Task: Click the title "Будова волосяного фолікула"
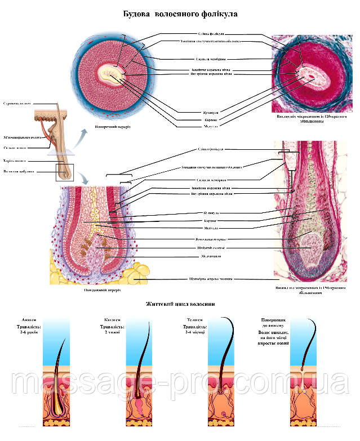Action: point(180,12)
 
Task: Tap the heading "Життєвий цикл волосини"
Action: point(180,304)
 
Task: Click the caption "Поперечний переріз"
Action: point(113,127)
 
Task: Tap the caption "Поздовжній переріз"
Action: point(101,291)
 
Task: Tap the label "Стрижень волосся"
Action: point(17,104)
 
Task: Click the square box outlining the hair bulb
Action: point(65,171)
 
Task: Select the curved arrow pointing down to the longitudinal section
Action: point(83,179)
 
